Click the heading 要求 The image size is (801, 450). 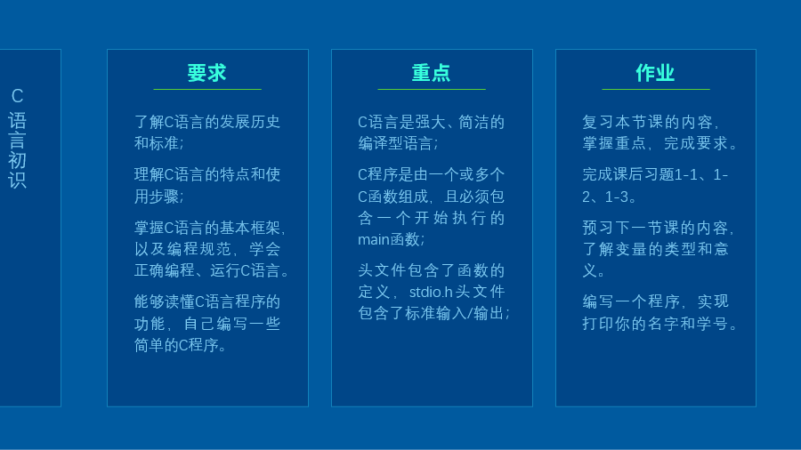pos(206,73)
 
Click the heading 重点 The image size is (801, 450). pos(431,73)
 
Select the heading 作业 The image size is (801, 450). pos(655,73)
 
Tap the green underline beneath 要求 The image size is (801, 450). pos(207,89)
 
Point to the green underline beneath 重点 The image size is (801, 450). pos(432,89)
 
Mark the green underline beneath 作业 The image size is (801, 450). pos(656,89)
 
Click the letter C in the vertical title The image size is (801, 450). pos(18,96)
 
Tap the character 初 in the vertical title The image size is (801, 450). pos(18,160)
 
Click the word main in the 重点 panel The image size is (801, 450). pos(374,239)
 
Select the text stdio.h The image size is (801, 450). pos(431,292)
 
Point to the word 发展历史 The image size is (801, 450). pos(250,122)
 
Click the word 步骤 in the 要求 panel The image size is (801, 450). pos(164,197)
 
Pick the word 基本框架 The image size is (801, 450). pos(250,228)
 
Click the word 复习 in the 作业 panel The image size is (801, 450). pos(598,122)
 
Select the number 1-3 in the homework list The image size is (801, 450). pos(617,197)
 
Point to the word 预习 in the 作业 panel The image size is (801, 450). pos(598,228)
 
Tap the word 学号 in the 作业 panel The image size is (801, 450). pos(712,324)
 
